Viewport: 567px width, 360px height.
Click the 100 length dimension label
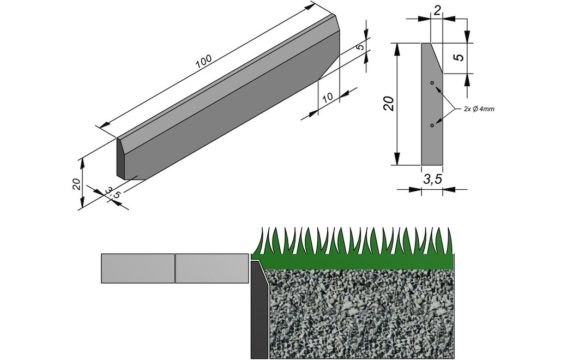coord(203,62)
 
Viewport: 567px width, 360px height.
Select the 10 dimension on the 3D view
coord(327,98)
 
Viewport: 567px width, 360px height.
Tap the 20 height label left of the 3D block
coord(77,184)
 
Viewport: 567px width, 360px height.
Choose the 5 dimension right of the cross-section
coord(460,57)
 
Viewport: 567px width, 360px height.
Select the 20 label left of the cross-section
coord(388,103)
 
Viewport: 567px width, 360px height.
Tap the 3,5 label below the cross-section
coord(432,179)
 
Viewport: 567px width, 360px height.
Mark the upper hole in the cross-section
coord(432,83)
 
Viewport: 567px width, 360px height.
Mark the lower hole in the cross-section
coord(432,125)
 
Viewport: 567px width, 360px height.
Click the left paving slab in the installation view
coord(138,268)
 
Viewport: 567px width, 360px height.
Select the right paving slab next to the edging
coord(212,268)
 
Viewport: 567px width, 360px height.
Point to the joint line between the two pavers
coord(175,268)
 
